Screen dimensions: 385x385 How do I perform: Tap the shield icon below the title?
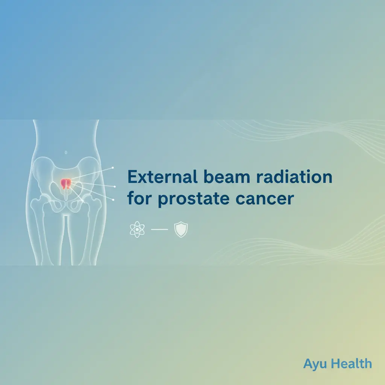point(181,230)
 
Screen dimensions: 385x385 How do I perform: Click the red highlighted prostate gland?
point(65,183)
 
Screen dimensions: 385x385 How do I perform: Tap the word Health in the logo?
point(352,364)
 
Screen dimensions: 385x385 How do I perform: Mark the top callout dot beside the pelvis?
point(113,168)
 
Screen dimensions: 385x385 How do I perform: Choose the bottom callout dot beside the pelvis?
point(113,200)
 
